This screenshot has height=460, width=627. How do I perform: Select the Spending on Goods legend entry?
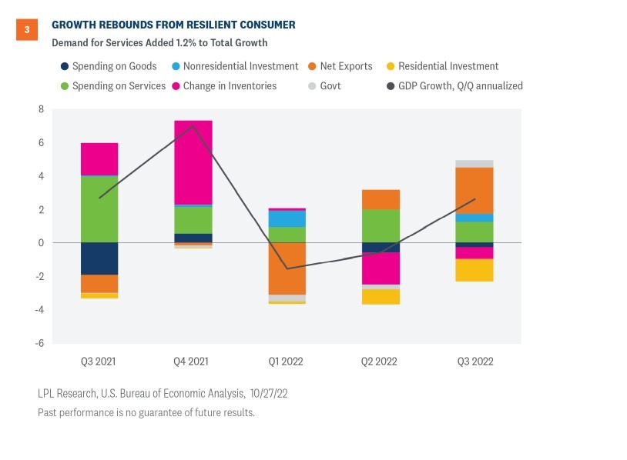tap(109, 66)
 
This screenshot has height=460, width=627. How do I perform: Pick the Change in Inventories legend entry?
tap(223, 86)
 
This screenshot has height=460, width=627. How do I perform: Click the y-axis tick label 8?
tap(42, 109)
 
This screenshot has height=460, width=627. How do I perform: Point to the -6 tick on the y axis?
tap(39, 344)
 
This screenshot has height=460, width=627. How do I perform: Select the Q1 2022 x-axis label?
tap(287, 362)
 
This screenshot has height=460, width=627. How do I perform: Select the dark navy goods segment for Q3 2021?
tap(99, 258)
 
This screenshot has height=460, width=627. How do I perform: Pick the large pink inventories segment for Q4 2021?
tap(193, 162)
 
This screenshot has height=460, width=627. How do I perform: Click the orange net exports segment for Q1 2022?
tap(287, 268)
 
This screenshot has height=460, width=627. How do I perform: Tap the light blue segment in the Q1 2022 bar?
tap(287, 218)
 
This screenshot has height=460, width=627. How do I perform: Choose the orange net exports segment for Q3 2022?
tap(475, 191)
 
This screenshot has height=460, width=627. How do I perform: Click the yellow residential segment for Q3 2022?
tap(475, 270)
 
